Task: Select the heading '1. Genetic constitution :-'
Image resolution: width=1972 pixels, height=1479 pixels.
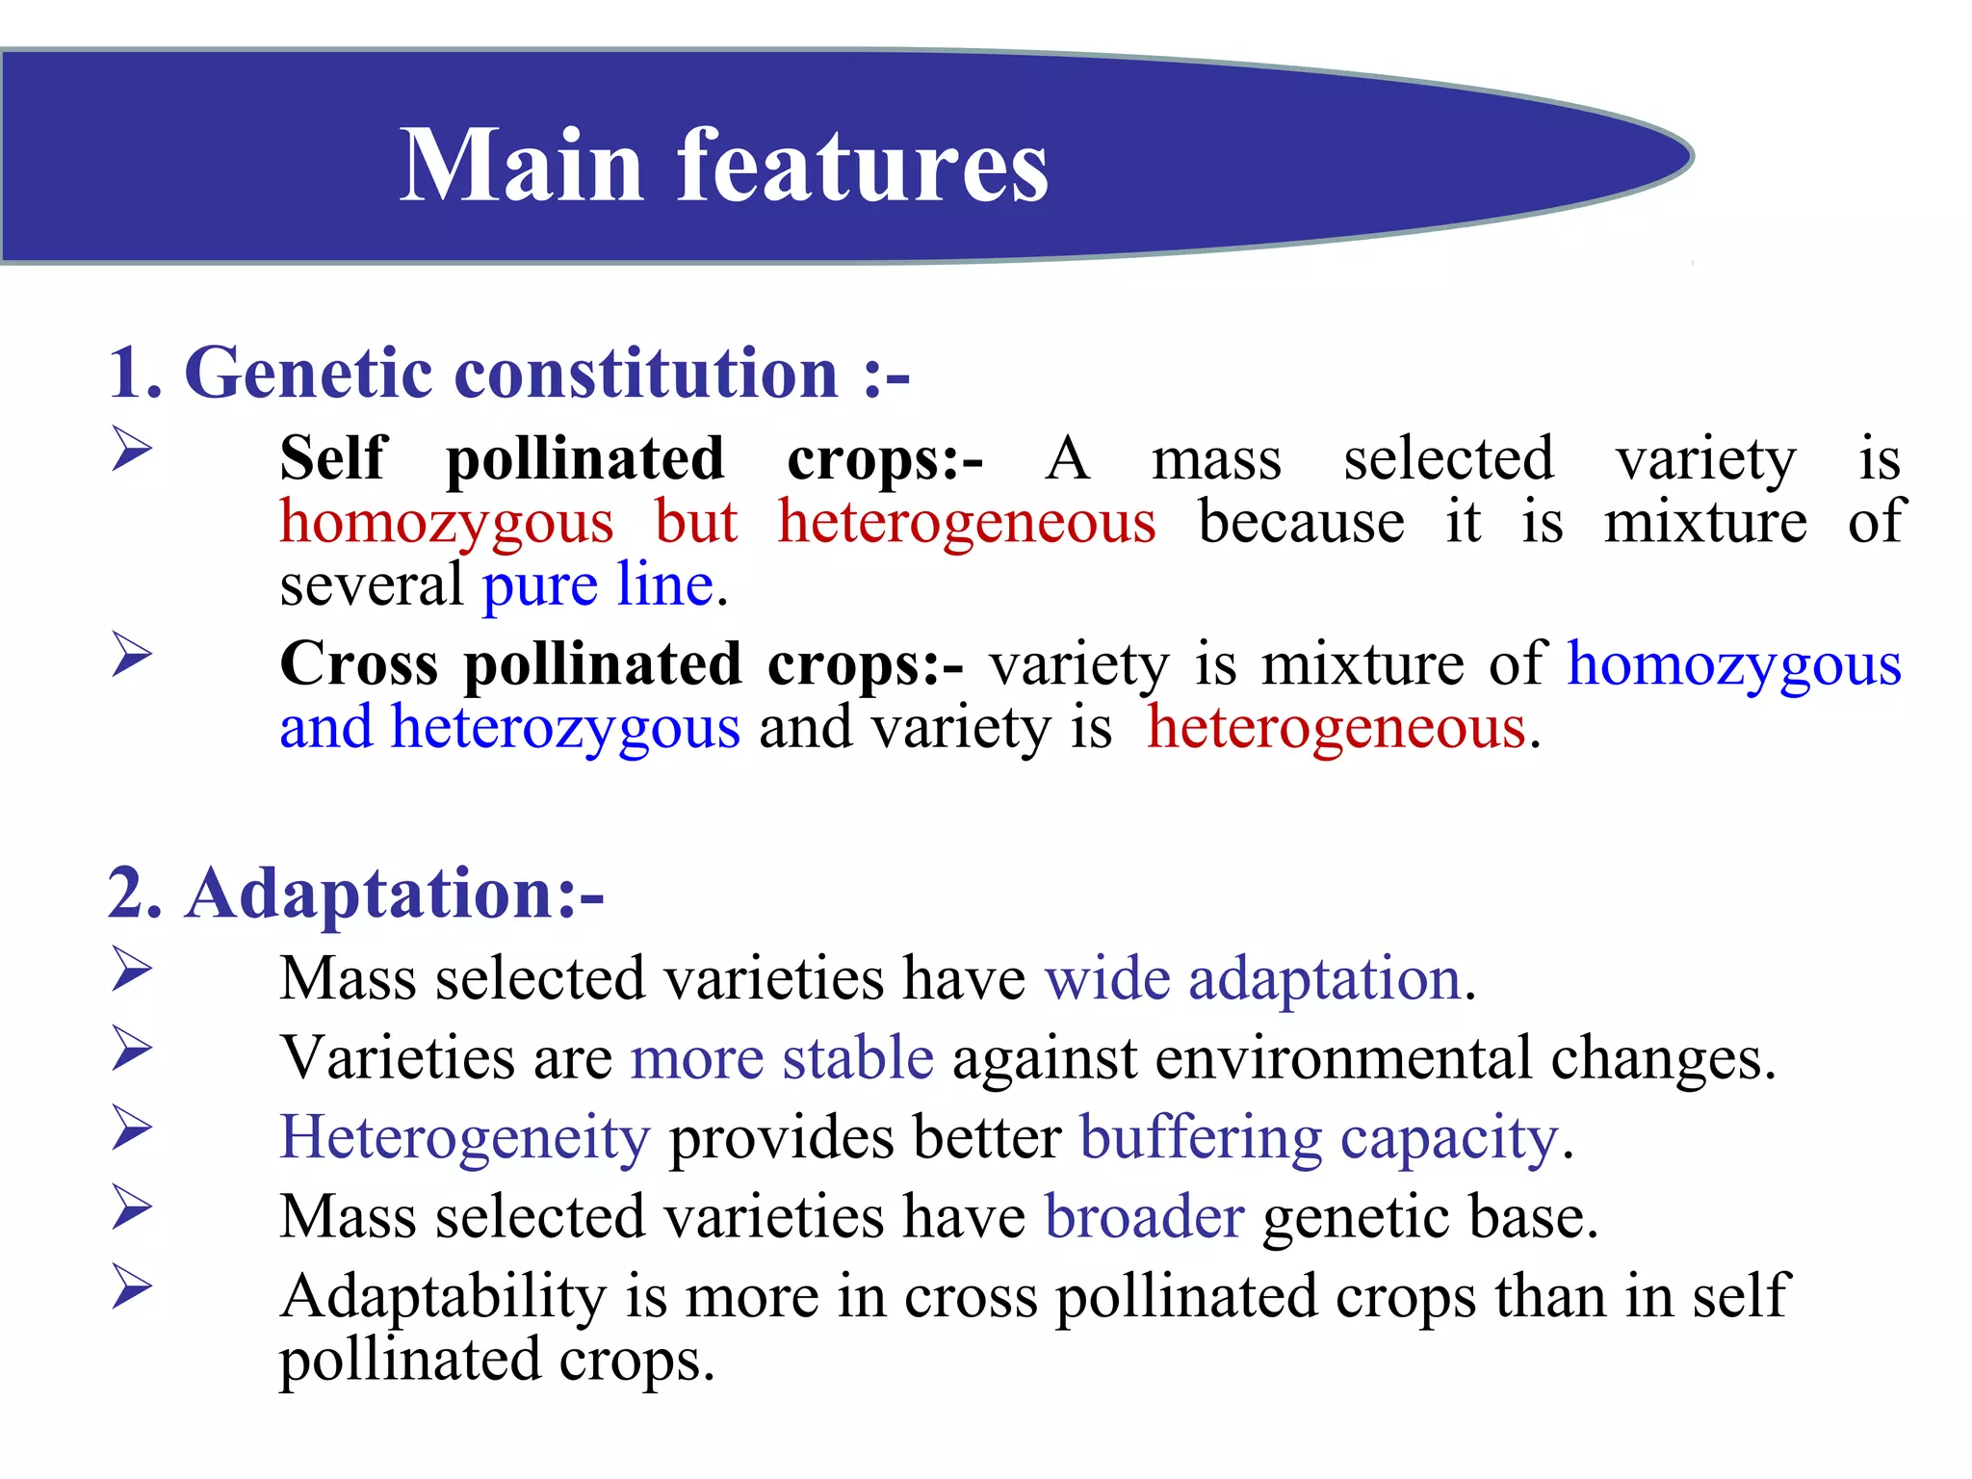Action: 508,374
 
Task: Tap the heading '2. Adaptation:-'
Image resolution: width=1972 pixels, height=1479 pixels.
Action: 355,894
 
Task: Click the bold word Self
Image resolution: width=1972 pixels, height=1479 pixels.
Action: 332,458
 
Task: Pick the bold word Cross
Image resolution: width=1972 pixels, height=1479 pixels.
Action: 358,664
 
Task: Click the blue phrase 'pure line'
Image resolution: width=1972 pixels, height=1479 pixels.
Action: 598,585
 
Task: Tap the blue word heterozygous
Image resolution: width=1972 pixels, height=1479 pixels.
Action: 565,727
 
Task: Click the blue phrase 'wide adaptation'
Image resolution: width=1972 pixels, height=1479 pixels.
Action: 1253,979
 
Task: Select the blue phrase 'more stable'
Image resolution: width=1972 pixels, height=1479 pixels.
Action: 782,1058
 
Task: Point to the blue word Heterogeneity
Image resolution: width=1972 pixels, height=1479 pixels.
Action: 465,1137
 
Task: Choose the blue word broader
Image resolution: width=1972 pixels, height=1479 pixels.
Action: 1144,1217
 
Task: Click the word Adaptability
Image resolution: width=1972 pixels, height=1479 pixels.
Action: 443,1297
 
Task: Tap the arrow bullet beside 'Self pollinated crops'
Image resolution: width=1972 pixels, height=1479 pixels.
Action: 132,449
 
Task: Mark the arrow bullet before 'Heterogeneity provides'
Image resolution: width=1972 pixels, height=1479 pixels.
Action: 132,1128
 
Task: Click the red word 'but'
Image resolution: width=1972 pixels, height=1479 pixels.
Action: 695,522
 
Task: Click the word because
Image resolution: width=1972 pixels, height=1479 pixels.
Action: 1301,522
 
